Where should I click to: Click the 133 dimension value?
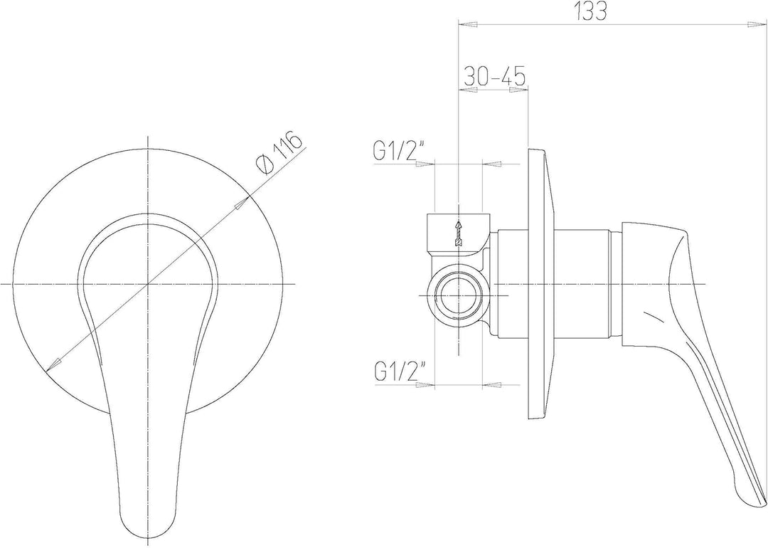(x=591, y=12)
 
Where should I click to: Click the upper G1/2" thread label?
(x=399, y=151)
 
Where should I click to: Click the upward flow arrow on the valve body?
(x=459, y=233)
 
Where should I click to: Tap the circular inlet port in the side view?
(x=458, y=296)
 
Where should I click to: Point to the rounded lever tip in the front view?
(x=147, y=527)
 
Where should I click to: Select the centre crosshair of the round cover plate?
(x=147, y=284)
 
